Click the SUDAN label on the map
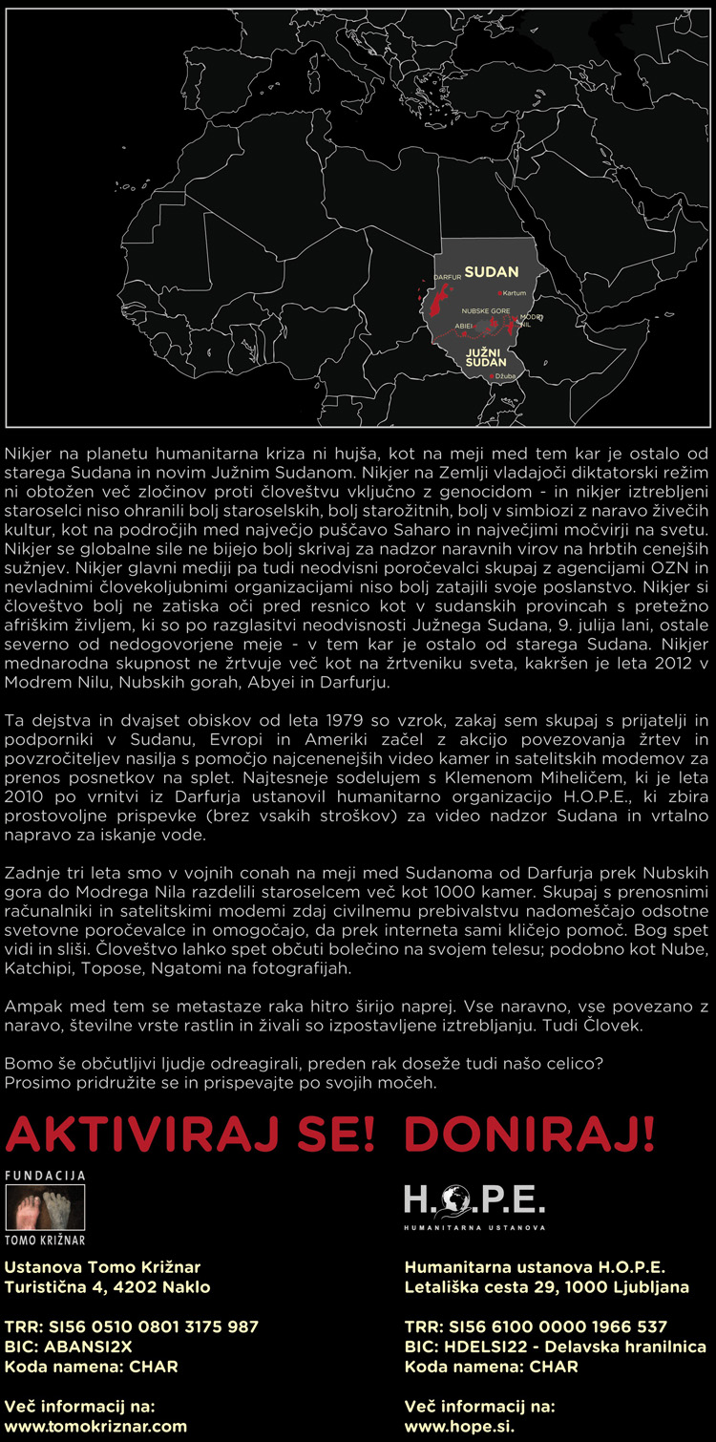tap(491, 271)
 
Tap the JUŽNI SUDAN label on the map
tap(485, 358)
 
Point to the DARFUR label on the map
tap(448, 276)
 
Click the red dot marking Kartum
tap(498, 293)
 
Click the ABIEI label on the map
tap(464, 326)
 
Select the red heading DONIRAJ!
tap(530, 1135)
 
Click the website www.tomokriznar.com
tap(95, 1426)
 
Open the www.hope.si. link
tap(461, 1426)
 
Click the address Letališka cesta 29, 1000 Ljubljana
tap(546, 1286)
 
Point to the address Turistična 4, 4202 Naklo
tap(108, 1286)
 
